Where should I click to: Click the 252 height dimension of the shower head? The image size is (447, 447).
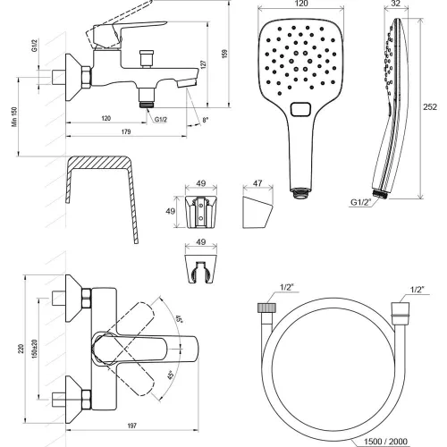coord(430,107)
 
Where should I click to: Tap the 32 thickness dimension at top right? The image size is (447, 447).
coord(395,4)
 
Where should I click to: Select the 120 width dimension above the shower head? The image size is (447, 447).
coord(301,4)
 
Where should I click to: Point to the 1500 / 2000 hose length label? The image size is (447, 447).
coord(385,442)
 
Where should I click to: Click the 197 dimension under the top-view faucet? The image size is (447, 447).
coord(132,426)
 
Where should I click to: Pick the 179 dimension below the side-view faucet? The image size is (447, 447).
coord(126,131)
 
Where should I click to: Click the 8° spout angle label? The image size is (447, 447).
coord(206,120)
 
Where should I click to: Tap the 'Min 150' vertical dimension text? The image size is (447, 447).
coord(14,117)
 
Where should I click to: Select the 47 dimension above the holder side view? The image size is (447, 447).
coord(257,183)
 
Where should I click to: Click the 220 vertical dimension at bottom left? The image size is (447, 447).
coord(21,349)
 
